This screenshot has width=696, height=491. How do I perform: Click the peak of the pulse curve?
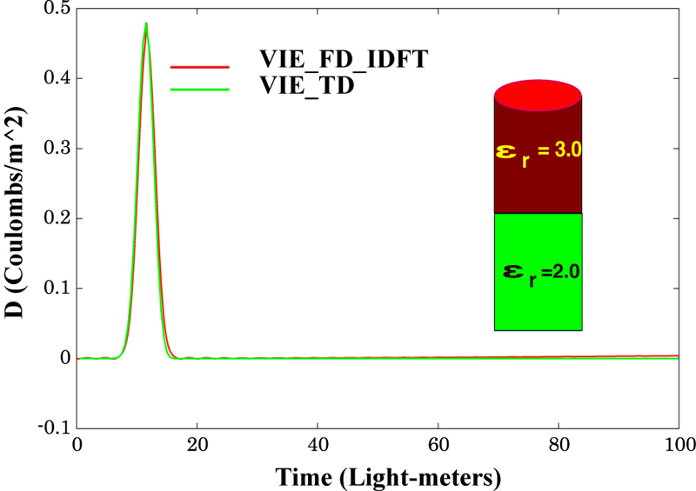[x=145, y=24]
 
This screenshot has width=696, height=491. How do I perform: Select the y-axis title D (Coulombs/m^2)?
[x=16, y=219]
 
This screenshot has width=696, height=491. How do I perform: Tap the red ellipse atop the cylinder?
[x=538, y=95]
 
